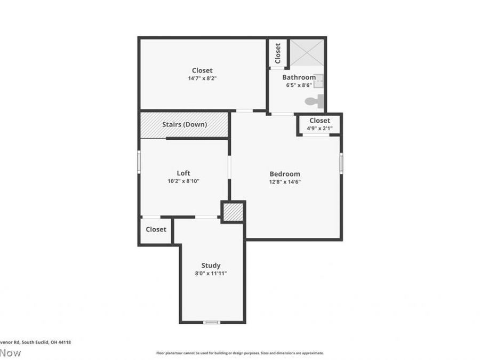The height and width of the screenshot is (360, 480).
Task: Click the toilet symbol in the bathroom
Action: pyautogui.click(x=315, y=101)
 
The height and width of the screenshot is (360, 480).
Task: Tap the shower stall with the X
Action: pyautogui.click(x=306, y=52)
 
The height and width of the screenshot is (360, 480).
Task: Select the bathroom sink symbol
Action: pyautogui.click(x=318, y=81)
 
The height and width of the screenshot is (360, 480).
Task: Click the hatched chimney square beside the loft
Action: pyautogui.click(x=233, y=212)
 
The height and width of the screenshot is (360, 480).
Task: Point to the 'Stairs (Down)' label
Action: pyautogui.click(x=185, y=124)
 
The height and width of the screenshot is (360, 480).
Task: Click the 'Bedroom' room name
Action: pyautogui.click(x=284, y=174)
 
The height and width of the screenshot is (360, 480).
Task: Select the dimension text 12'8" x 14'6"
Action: pyautogui.click(x=284, y=182)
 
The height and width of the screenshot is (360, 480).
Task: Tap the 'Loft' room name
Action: pyautogui.click(x=183, y=173)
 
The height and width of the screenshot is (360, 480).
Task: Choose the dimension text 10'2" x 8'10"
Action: pyautogui.click(x=183, y=181)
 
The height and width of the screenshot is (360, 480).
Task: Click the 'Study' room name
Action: pyautogui.click(x=211, y=266)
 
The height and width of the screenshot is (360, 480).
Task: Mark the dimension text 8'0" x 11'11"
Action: pyautogui.click(x=211, y=273)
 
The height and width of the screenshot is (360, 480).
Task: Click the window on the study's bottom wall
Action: pyautogui.click(x=212, y=322)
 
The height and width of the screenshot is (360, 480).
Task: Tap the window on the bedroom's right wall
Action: pyautogui.click(x=341, y=162)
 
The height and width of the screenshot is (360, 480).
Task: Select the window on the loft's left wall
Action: pyautogui.click(x=139, y=162)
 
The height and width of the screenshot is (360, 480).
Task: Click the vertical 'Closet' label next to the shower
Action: pyautogui.click(x=278, y=53)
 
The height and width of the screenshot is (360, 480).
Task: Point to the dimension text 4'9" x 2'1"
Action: pyautogui.click(x=319, y=129)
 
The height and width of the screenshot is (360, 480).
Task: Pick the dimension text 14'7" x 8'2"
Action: pyautogui.click(x=202, y=78)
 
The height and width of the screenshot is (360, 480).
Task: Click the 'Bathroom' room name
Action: pyautogui.click(x=299, y=77)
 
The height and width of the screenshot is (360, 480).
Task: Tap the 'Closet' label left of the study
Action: pyautogui.click(x=156, y=229)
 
